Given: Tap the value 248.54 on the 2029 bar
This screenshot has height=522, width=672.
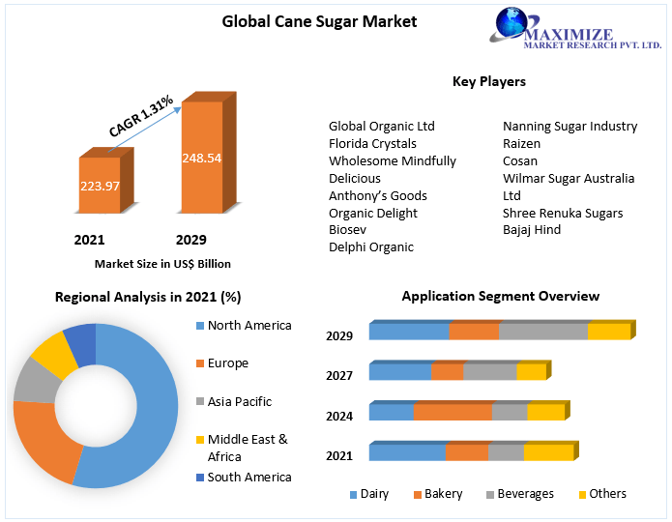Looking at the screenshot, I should click(201, 158).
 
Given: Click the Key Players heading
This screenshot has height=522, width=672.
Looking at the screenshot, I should click(488, 81).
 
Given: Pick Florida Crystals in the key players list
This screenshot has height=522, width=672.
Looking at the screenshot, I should click(372, 143).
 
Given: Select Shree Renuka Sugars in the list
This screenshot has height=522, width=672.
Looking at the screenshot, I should click(563, 213).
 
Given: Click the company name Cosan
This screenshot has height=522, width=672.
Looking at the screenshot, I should click(520, 160).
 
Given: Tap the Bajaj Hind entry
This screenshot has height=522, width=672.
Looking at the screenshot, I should click(532, 230).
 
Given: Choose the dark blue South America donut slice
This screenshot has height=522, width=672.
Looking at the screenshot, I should click(81, 345).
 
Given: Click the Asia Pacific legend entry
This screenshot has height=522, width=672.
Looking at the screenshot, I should click(239, 401).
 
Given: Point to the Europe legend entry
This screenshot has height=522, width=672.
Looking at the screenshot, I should click(227, 363).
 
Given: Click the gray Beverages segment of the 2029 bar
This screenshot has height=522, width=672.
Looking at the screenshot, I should click(542, 333).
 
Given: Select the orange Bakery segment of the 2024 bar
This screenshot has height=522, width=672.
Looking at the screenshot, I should click(453, 413).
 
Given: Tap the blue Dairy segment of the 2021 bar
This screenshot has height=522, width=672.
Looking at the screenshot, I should click(407, 452).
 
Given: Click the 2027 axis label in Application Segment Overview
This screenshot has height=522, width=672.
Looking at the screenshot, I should click(339, 375).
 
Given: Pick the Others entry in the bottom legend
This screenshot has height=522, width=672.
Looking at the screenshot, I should click(607, 494).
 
